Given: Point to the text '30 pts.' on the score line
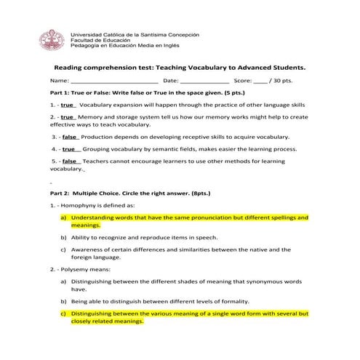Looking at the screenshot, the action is click(279, 81).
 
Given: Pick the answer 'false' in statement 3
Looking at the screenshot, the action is click(70, 137).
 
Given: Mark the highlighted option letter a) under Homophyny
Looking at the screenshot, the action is click(63, 217).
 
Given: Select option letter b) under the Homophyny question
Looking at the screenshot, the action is click(63, 237).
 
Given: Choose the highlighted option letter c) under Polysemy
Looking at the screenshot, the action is click(63, 313).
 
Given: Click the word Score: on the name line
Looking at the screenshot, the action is click(242, 81).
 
